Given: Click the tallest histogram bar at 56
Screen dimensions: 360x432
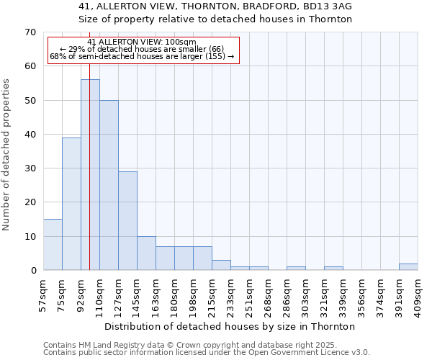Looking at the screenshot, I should (x=90, y=175).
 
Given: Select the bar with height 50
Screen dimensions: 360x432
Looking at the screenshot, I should (x=109, y=185).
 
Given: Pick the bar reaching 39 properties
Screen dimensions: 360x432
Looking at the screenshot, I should (x=71, y=204).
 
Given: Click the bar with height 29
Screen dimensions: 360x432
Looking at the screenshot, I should (x=127, y=220).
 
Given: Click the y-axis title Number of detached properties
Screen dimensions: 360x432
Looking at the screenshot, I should (x=6, y=155).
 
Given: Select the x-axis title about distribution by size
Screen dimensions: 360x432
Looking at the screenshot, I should (x=235, y=326).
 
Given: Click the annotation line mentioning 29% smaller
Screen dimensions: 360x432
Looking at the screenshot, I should (x=142, y=49).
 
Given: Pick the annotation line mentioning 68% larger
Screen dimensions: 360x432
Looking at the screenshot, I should (x=142, y=56).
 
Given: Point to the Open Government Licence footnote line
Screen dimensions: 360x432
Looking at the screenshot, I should (x=207, y=352).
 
